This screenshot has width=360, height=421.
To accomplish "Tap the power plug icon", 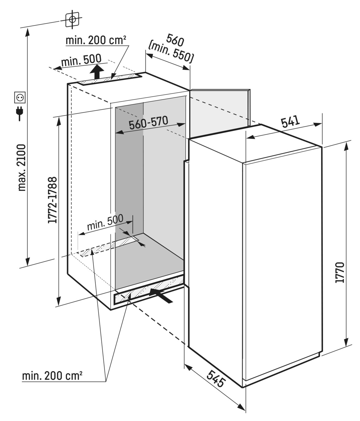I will point(19,113).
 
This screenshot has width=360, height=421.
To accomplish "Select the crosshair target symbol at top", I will point(73,19).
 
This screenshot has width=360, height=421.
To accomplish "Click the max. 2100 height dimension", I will point(22,167).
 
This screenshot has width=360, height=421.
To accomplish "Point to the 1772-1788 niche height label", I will point(53,200).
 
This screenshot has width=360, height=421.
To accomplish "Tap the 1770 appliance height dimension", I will point(339,273).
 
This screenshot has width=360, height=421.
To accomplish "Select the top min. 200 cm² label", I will point(96,40).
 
